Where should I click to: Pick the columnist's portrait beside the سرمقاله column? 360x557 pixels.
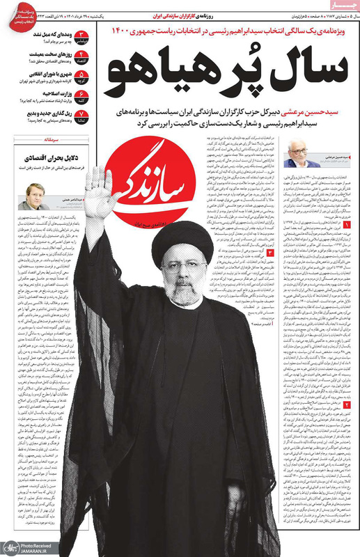(36, 193)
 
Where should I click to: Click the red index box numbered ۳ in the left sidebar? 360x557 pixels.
(81, 36)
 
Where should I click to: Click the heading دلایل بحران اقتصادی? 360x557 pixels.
(45, 160)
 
